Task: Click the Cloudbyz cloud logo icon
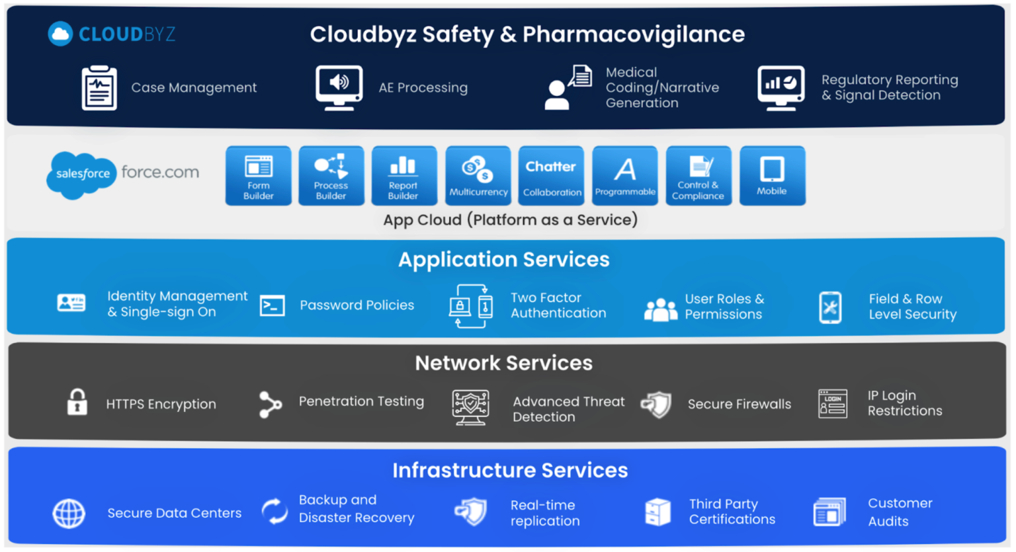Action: tap(60, 34)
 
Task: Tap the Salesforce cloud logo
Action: tap(81, 175)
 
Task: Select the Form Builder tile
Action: tap(258, 176)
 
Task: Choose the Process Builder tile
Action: tap(331, 176)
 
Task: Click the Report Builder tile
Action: tap(403, 176)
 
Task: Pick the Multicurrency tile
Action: tap(478, 176)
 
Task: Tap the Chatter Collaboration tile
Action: tap(551, 176)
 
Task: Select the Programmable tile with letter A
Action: tap(625, 176)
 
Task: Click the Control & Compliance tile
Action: tap(698, 176)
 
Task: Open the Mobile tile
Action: tap(772, 176)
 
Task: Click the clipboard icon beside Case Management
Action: tap(99, 88)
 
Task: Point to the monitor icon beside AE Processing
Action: tap(339, 87)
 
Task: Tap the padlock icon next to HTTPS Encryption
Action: tap(77, 402)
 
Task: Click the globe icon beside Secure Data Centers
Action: tap(69, 513)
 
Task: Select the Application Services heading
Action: tap(503, 259)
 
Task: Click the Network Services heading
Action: tap(503, 363)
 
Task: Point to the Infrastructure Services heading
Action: tap(509, 470)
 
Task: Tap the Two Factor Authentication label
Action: tap(558, 305)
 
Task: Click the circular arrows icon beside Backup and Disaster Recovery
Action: tap(275, 511)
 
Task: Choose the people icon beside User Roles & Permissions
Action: tap(660, 309)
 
